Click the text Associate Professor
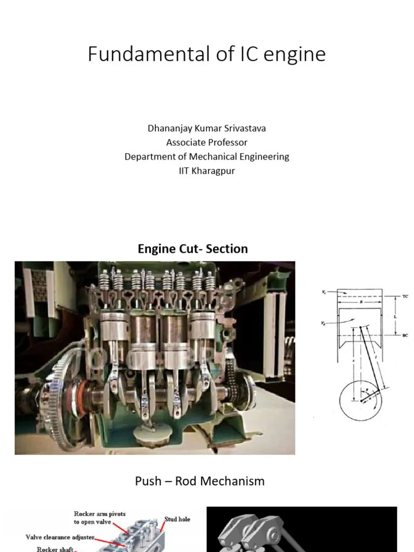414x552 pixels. (x=206, y=142)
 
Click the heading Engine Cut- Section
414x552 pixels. (x=192, y=249)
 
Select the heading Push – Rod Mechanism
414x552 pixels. (x=199, y=481)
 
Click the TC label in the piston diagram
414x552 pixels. (x=405, y=296)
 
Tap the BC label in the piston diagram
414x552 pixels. (x=405, y=335)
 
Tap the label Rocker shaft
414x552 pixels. (x=55, y=549)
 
